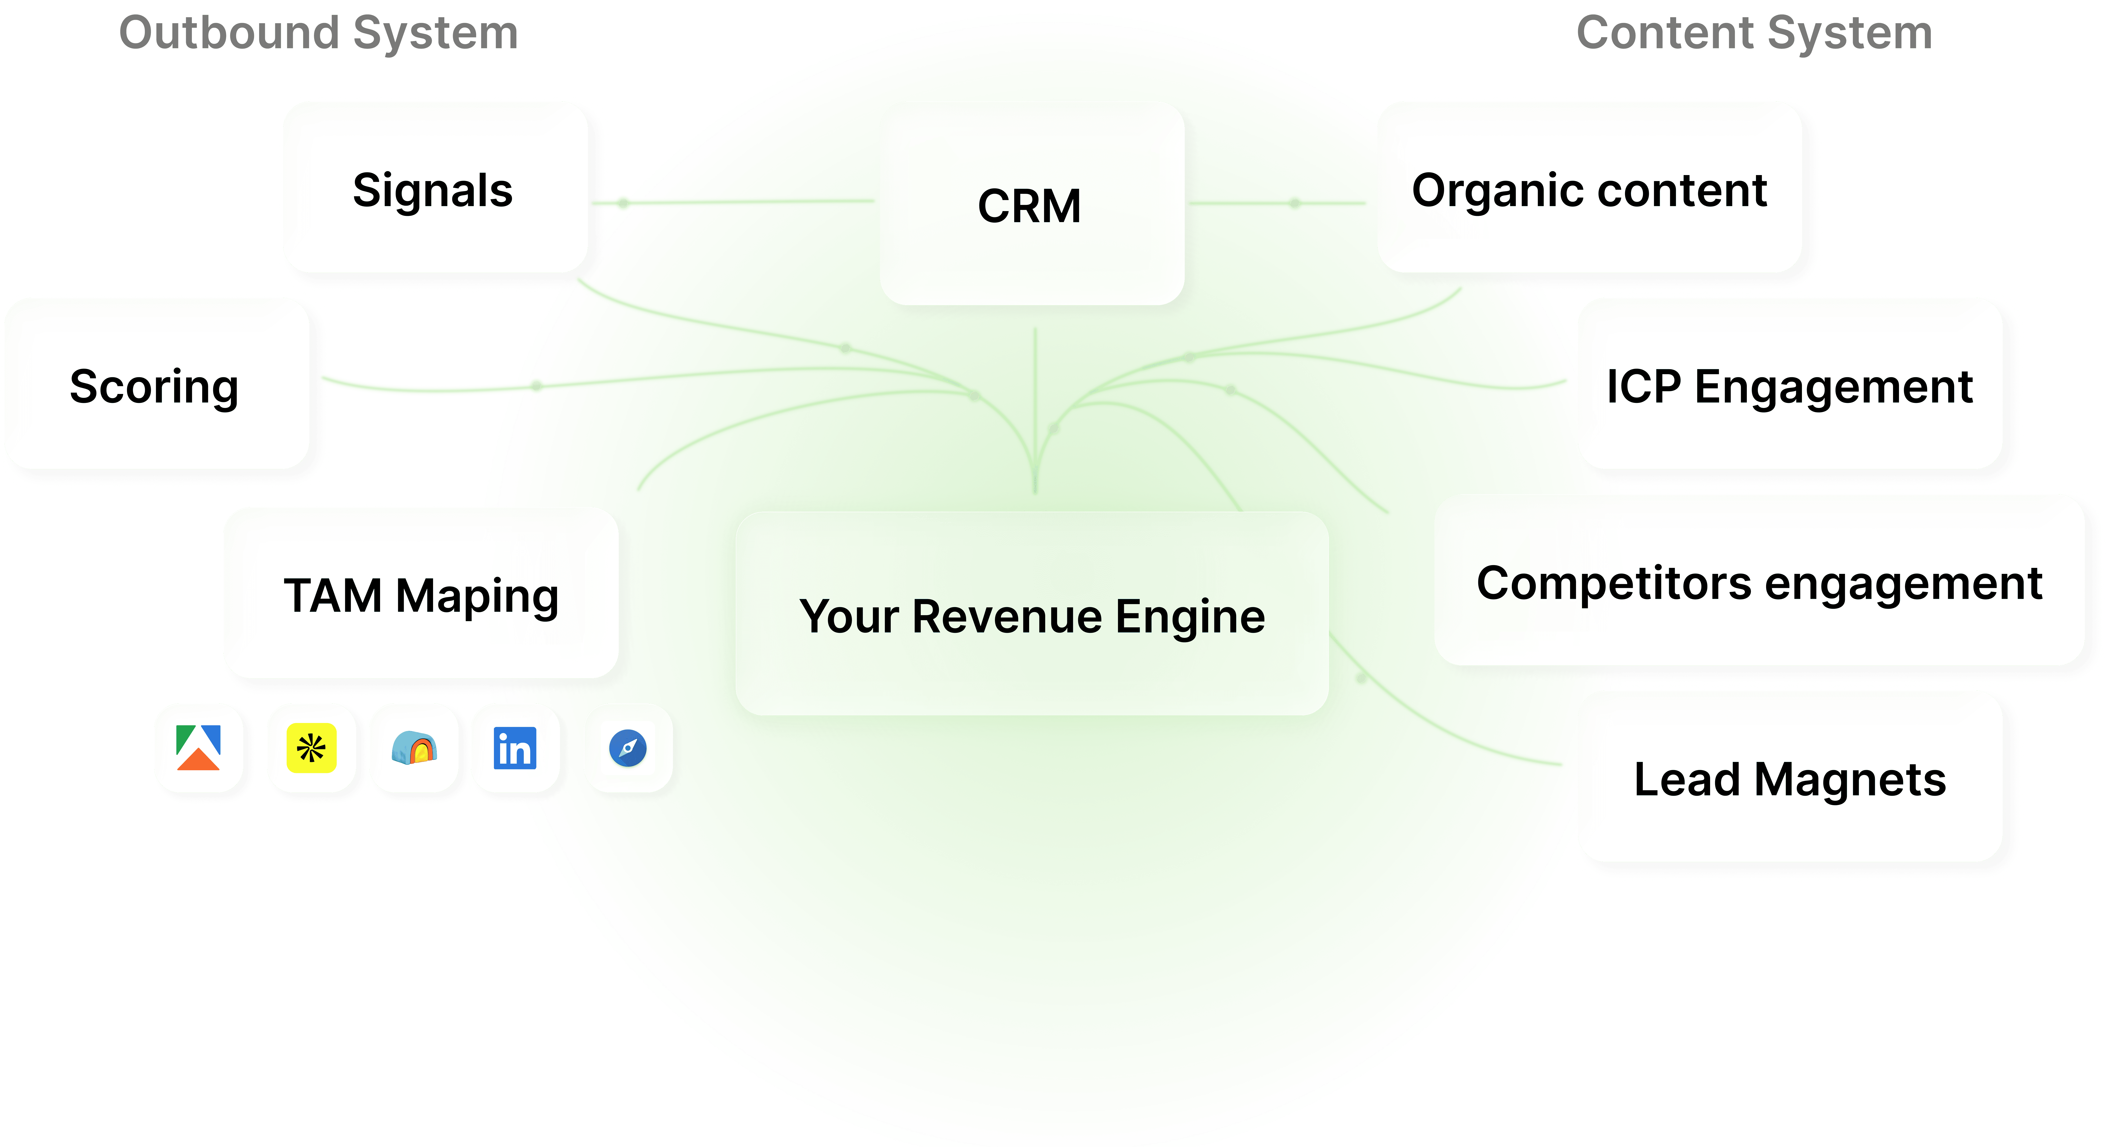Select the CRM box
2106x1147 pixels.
pos(1032,204)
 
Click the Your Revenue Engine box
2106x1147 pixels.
pos(1032,614)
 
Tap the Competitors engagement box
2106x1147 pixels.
pos(1759,582)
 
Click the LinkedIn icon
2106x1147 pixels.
pos(515,748)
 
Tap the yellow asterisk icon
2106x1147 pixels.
pos(311,748)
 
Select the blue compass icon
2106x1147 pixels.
pos(628,748)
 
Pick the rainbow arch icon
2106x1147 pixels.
pos(414,748)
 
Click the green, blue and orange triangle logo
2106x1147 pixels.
pos(198,748)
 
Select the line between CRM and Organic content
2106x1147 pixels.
pos(1277,203)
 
